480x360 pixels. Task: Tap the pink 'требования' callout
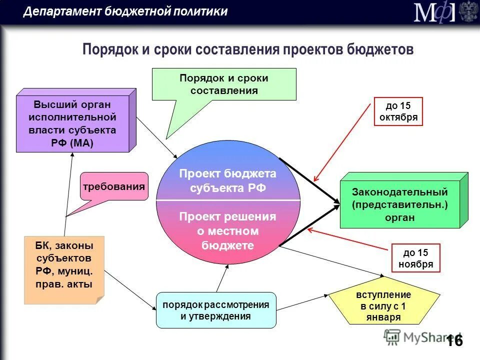(114, 186)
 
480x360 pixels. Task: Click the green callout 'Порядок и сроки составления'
(223, 84)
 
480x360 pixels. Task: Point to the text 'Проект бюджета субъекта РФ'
(227, 180)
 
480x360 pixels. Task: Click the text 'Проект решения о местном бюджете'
(227, 230)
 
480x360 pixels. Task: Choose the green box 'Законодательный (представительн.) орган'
(399, 204)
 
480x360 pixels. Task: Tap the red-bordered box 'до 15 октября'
(398, 111)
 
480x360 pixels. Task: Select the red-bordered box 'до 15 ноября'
(415, 258)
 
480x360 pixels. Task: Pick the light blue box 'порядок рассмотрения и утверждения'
(215, 310)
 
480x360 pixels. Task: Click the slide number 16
(454, 340)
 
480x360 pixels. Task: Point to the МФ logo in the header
(435, 12)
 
